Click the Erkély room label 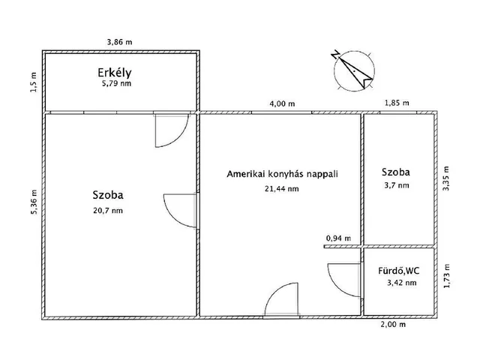[115, 73]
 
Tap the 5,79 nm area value [115, 85]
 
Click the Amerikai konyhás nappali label [283, 174]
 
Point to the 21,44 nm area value [283, 189]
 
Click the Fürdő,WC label [397, 270]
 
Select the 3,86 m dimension [122, 44]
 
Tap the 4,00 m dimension [282, 103]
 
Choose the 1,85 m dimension [397, 103]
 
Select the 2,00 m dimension [394, 325]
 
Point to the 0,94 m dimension [337, 238]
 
